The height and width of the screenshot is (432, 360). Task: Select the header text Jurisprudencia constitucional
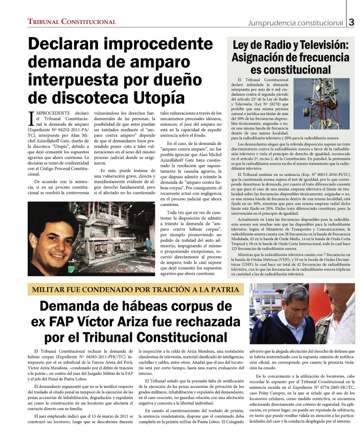click(288, 22)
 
